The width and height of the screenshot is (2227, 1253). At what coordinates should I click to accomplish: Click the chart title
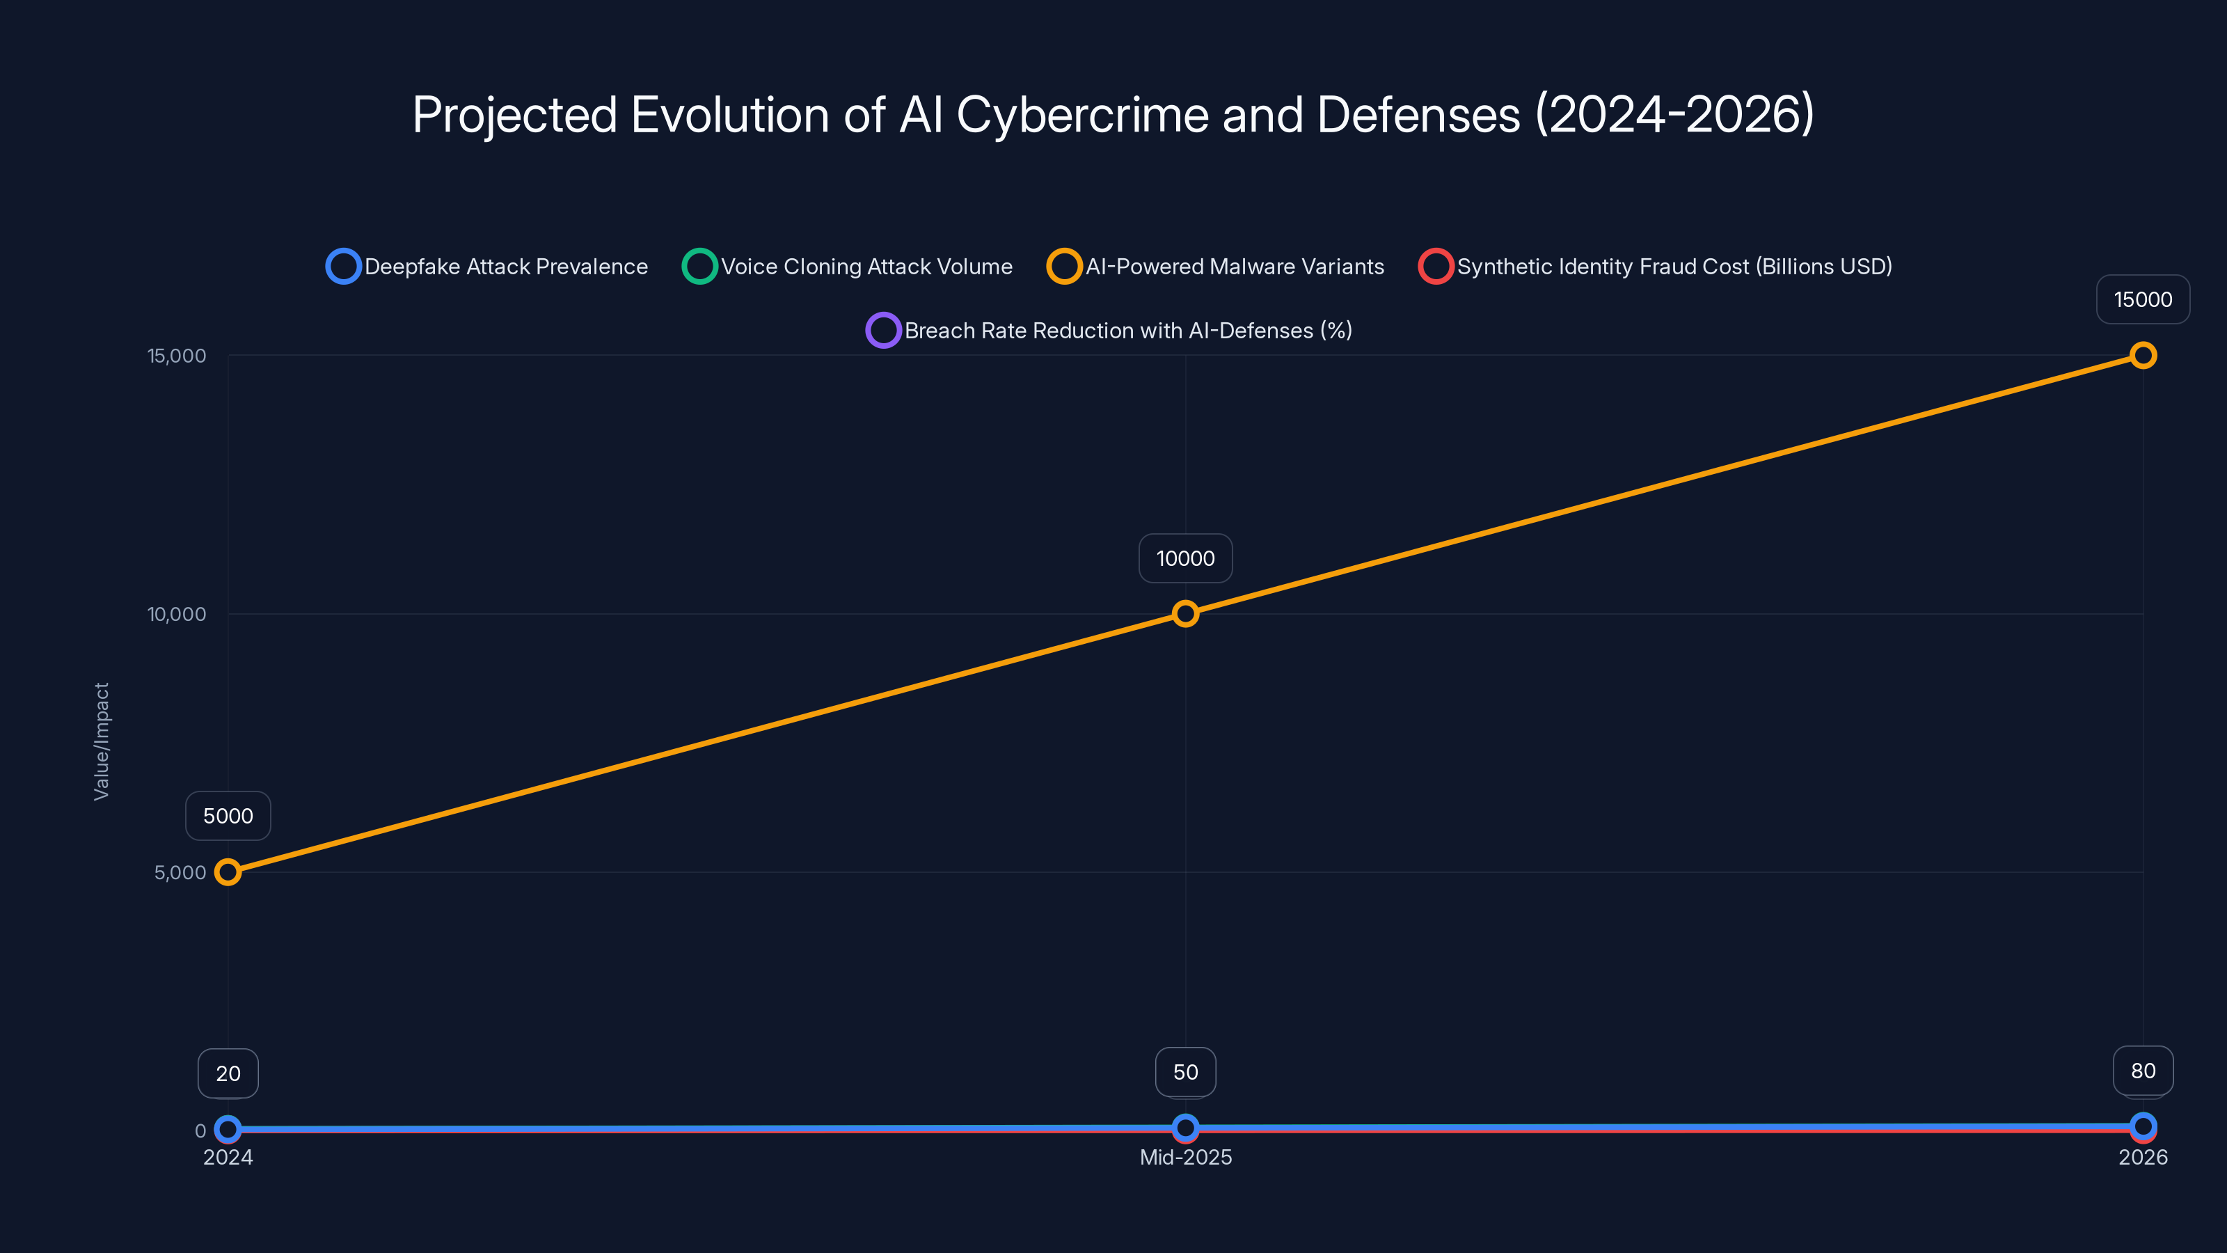1113,114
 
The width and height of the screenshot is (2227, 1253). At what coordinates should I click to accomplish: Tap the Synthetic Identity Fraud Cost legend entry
1655,267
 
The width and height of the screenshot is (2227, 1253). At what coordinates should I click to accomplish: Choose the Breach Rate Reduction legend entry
1109,331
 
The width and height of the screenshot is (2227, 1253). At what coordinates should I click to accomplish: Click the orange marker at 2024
228,872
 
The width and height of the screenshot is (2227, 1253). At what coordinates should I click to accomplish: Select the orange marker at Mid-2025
1185,614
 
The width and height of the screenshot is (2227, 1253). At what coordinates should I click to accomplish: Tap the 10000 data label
1185,558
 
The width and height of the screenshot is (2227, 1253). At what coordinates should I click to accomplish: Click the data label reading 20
228,1074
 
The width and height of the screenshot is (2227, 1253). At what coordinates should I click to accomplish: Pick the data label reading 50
1185,1072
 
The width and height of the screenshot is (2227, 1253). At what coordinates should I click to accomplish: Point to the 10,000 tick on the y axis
177,614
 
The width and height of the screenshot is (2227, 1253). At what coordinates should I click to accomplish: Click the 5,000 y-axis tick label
180,872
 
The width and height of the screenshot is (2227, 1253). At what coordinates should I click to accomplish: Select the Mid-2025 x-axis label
1185,1157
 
